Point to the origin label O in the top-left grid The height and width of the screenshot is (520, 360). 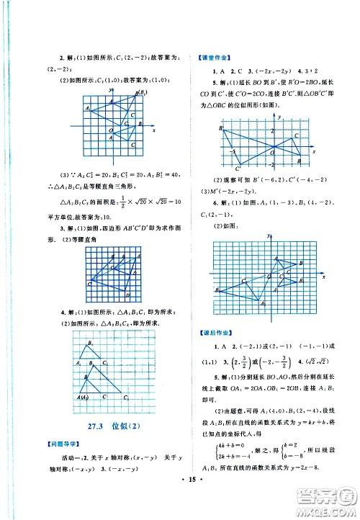[111, 132]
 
